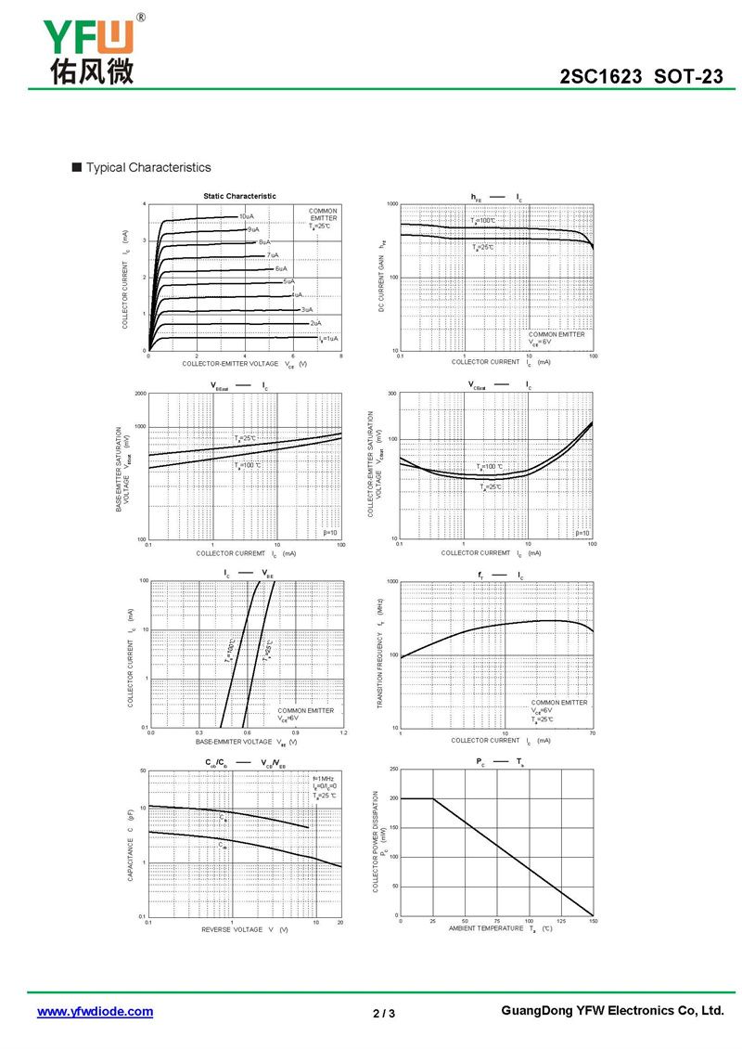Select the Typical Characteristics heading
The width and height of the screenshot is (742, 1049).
(148, 168)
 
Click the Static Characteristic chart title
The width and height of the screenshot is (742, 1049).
(239, 196)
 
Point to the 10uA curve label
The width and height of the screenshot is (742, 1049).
(246, 216)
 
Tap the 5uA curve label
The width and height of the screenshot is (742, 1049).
(289, 281)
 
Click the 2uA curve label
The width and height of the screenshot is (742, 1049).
(316, 323)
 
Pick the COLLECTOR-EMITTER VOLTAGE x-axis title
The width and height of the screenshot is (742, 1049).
(244, 363)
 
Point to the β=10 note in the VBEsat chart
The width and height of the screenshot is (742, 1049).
(331, 533)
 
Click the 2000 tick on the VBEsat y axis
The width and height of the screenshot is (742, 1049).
(141, 394)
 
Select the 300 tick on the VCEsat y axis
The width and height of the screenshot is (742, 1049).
(392, 394)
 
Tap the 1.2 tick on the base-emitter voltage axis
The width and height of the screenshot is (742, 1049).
(343, 733)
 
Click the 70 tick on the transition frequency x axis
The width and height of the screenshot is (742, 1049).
(592, 733)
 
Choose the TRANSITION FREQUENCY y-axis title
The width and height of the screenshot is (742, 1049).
(381, 654)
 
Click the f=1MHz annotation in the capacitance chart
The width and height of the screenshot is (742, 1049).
(324, 778)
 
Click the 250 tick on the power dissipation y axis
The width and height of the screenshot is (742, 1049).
(393, 770)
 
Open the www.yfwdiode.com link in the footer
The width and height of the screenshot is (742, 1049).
(95, 1012)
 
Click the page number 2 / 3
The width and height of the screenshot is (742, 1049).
(384, 1013)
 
